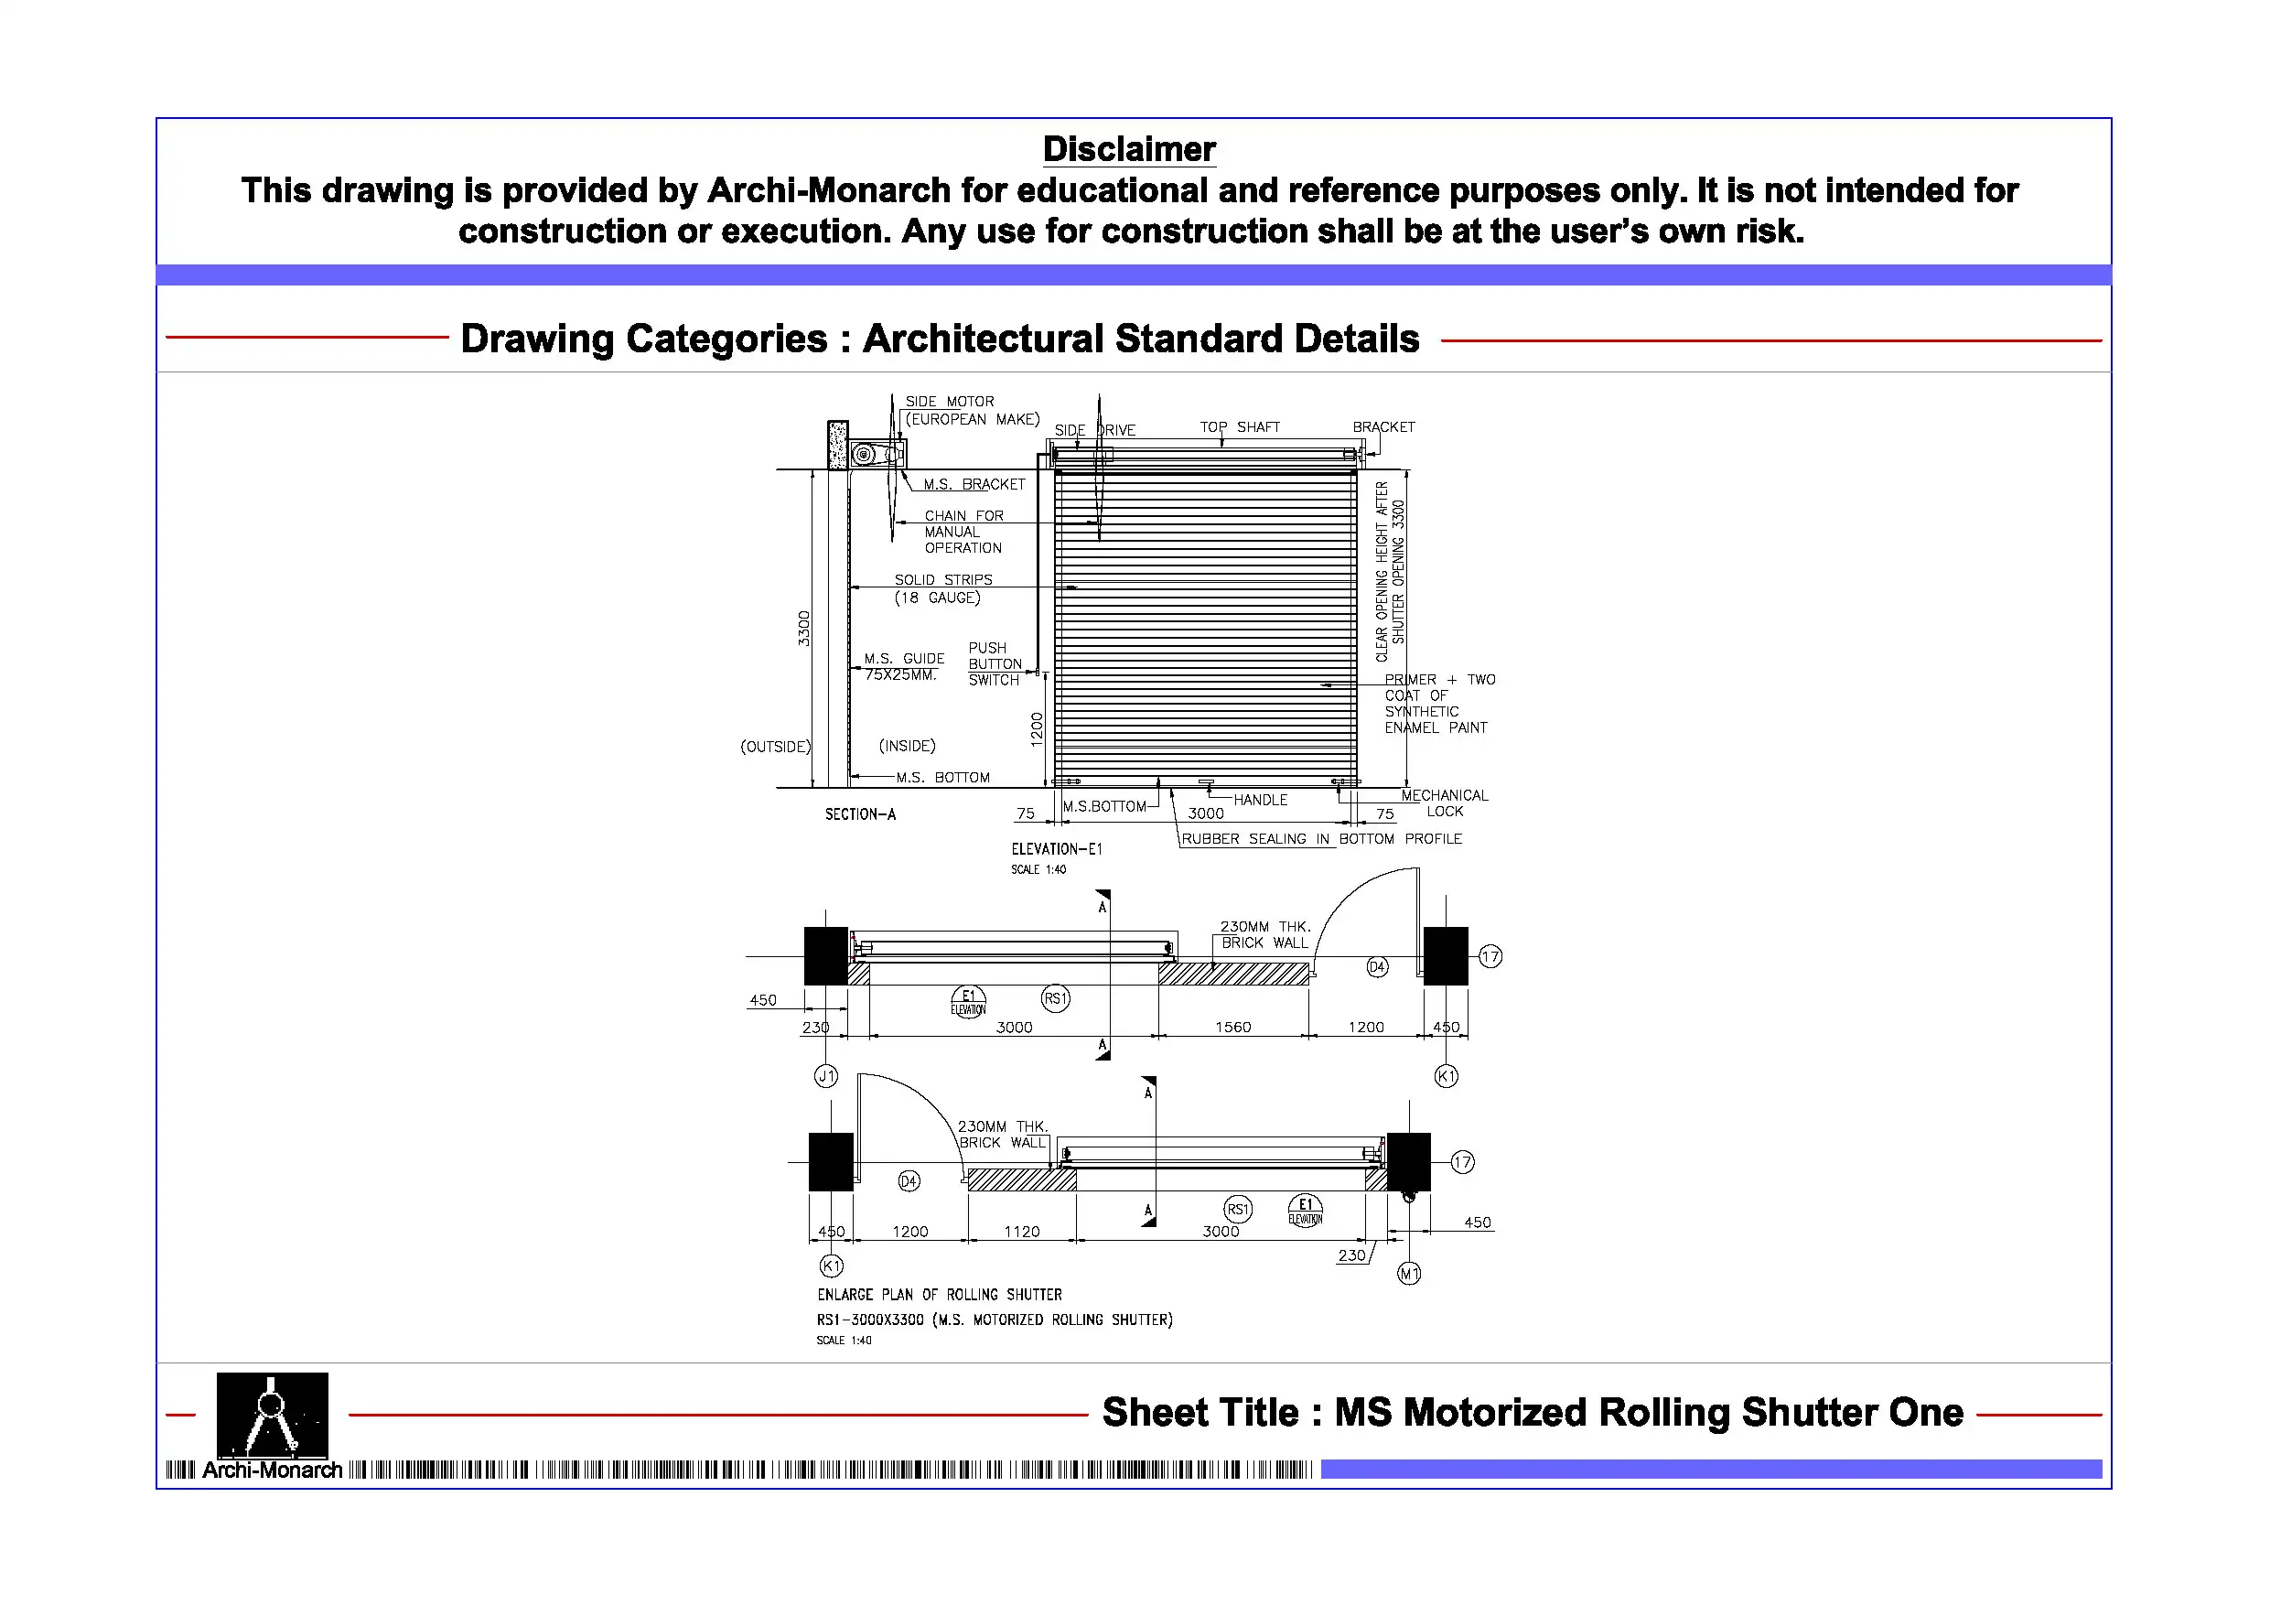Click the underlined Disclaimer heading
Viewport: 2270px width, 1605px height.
[1128, 149]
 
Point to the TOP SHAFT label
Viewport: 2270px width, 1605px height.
[1239, 427]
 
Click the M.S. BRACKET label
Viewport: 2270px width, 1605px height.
[974, 485]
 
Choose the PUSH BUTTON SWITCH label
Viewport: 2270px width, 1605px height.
[995, 664]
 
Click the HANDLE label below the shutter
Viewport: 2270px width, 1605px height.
[1260, 800]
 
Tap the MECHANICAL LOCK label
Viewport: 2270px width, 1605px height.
[1444, 803]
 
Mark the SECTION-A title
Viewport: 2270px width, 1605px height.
[860, 815]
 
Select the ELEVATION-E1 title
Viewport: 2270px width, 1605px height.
[1056, 849]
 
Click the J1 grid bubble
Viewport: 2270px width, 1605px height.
[825, 1076]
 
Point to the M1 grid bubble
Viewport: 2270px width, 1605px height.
[1409, 1274]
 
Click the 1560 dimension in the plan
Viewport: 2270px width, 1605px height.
[1232, 1028]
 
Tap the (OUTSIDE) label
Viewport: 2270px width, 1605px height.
[775, 747]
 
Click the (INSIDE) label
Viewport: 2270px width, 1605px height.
[907, 746]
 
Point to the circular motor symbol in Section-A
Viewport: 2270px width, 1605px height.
[863, 455]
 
